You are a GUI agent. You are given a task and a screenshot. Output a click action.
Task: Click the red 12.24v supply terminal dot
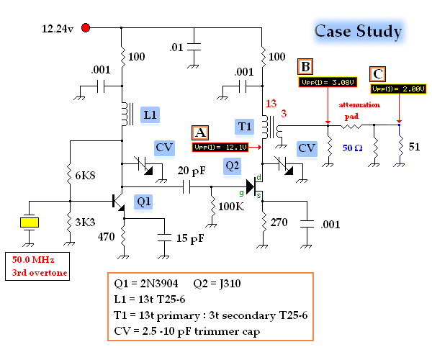tap(86, 28)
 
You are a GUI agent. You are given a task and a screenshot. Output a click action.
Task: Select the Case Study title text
tap(358, 31)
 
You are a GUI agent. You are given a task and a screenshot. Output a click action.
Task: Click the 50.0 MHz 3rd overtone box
tap(37, 266)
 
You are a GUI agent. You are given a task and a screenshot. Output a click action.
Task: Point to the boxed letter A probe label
tap(201, 132)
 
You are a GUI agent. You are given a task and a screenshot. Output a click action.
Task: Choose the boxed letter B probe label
tap(306, 67)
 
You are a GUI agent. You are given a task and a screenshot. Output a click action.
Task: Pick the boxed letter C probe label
tap(377, 73)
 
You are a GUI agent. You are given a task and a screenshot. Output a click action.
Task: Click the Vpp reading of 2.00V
tap(399, 89)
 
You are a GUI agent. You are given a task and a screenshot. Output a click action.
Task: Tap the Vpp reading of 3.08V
tap(327, 81)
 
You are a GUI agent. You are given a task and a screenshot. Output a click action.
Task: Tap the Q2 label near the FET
tap(232, 165)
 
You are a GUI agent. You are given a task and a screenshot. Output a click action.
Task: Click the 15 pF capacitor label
tap(189, 239)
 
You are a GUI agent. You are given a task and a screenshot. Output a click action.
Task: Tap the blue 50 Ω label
tap(353, 148)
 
